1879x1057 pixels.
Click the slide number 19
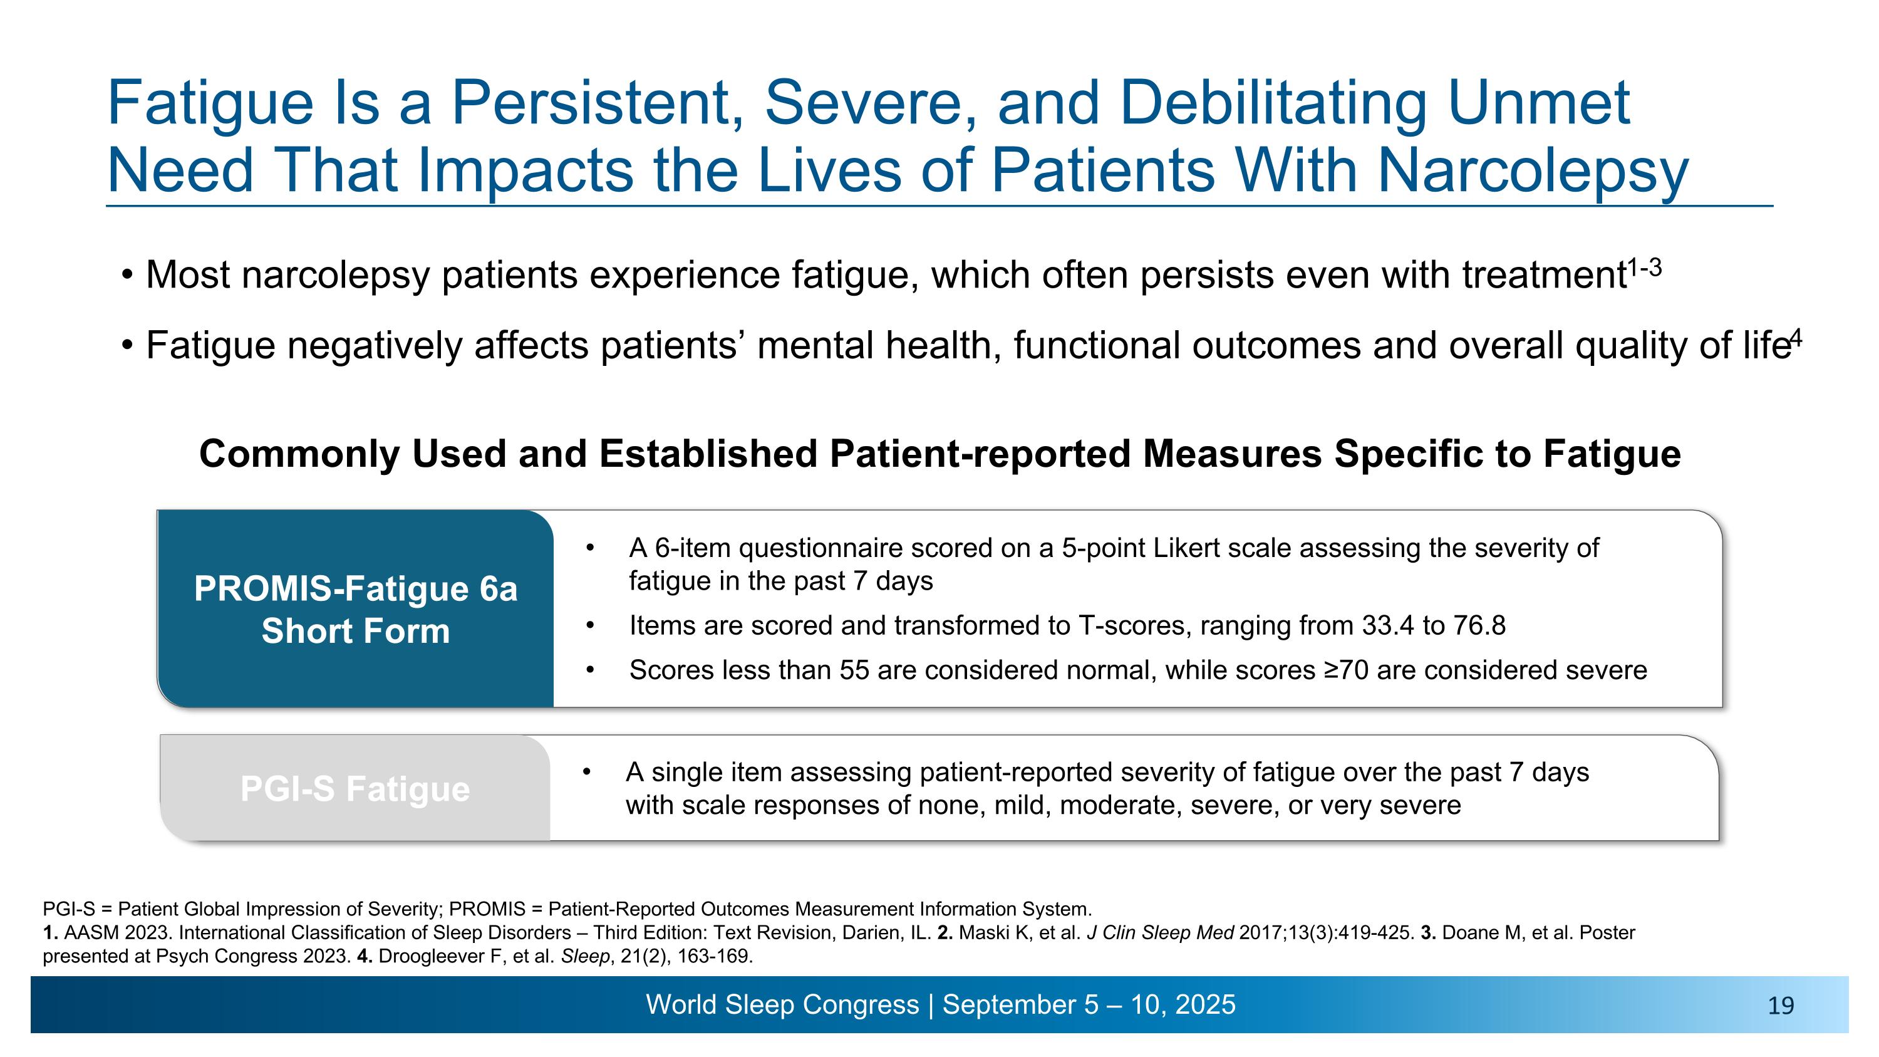pos(1781,1006)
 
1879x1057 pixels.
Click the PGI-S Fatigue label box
pos(355,789)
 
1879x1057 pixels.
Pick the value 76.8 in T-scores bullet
pos(1479,626)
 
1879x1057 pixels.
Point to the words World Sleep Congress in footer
pos(782,1005)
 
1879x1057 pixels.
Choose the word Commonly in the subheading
pos(299,454)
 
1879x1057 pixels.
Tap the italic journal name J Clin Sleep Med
pos(1160,933)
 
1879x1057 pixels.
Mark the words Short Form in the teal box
pos(355,631)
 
